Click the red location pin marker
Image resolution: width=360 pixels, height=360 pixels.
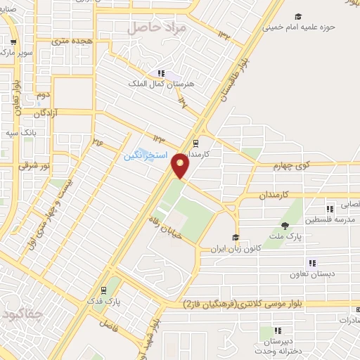point(181,165)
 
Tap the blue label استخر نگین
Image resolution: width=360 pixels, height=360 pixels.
point(146,155)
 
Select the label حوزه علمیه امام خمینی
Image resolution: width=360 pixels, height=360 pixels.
point(299,28)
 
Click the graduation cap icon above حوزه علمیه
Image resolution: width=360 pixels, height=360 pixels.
point(298,16)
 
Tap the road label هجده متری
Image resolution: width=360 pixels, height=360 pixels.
point(71,41)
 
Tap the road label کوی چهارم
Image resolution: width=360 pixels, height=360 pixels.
point(292,166)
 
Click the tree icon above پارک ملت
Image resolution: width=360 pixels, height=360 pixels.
point(285,226)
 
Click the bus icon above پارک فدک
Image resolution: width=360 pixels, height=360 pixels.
point(103,289)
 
